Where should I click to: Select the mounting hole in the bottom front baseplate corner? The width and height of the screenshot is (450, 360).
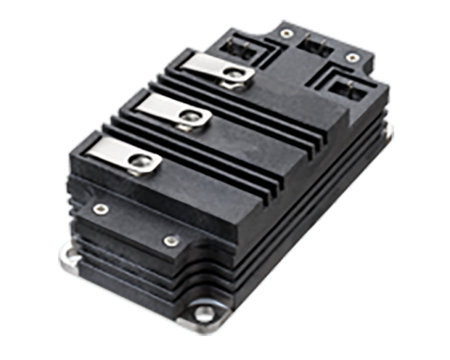pos(205,315)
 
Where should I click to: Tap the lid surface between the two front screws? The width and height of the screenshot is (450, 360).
pos(132,225)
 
